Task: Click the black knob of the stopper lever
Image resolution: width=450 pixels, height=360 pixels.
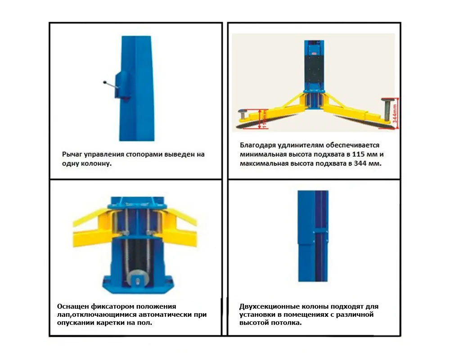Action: click(105, 82)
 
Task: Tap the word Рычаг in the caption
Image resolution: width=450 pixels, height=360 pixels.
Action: click(71, 154)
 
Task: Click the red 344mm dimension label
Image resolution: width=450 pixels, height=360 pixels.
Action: click(395, 113)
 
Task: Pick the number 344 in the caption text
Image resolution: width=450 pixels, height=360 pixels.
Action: click(360, 163)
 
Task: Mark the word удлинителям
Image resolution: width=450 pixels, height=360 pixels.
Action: click(301, 145)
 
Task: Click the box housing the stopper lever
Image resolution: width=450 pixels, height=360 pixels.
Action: click(123, 85)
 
